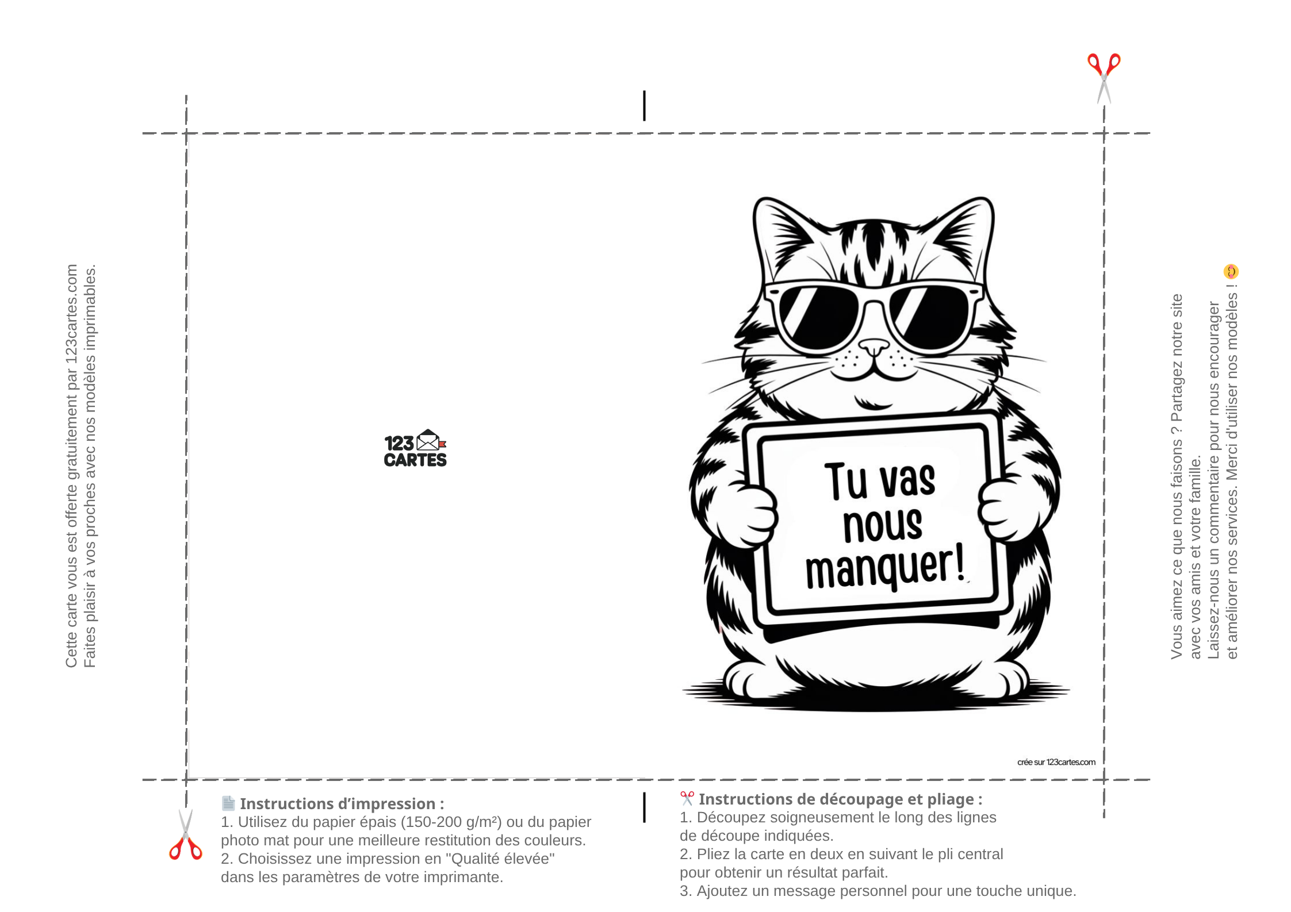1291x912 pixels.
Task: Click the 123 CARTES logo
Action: pos(415,448)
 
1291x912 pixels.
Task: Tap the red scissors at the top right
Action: pos(1104,78)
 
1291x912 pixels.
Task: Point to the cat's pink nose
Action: pos(874,347)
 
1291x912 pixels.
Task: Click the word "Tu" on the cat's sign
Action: pos(845,481)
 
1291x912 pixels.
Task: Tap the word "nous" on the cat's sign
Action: pos(883,524)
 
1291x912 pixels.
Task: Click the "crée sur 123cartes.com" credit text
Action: pos(1056,762)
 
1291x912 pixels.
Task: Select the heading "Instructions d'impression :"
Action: pos(342,803)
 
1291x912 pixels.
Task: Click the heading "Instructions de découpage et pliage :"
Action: pos(840,799)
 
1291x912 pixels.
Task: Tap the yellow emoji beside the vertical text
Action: pos(1231,271)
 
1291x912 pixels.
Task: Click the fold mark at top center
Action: pos(644,106)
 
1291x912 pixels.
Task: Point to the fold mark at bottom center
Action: pos(644,807)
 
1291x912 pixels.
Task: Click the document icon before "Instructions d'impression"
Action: pos(228,803)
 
